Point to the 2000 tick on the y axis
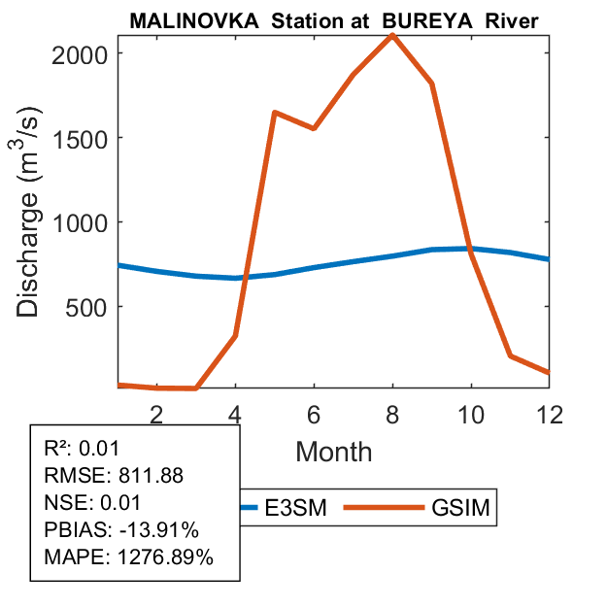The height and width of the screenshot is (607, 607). (85, 53)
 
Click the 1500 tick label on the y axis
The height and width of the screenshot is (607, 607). (85, 138)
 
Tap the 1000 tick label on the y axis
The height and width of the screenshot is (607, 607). (85, 222)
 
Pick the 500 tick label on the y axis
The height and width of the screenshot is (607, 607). (93, 307)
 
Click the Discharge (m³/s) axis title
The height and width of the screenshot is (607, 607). (31, 220)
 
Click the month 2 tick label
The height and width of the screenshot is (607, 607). (157, 415)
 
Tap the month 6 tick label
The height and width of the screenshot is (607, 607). (314, 415)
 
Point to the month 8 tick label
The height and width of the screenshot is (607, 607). (392, 415)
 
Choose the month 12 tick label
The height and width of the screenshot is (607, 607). (549, 415)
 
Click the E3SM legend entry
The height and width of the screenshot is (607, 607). (275, 508)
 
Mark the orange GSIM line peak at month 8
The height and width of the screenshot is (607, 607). (392, 35)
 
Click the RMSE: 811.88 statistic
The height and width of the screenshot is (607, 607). (114, 476)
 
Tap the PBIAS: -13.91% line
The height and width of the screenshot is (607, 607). (121, 530)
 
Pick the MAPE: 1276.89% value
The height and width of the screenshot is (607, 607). (129, 557)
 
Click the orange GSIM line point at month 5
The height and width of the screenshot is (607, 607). (275, 113)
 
